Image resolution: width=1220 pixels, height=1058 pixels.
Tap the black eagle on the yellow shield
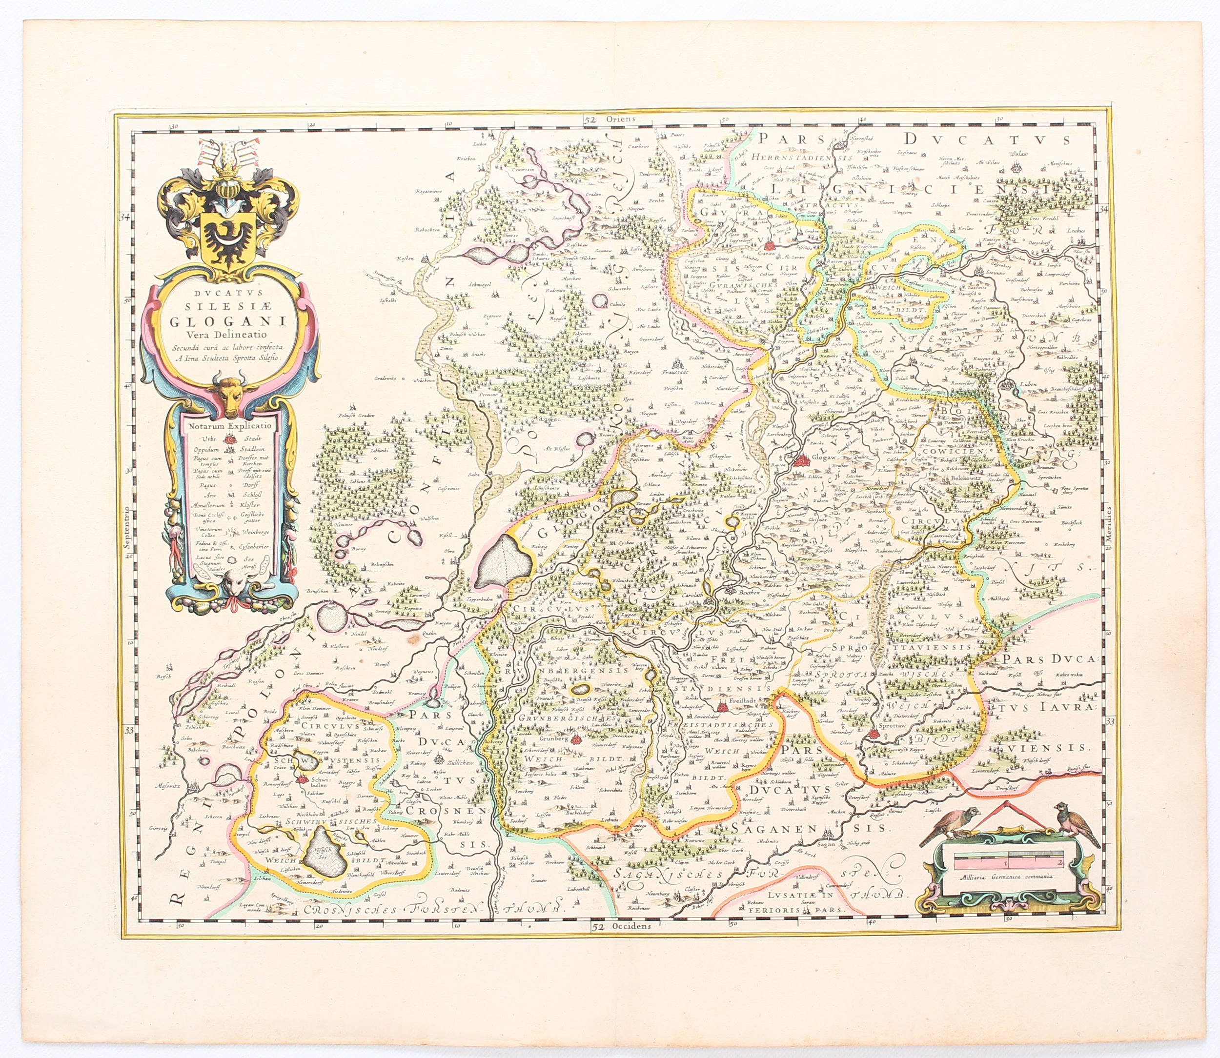click(228, 239)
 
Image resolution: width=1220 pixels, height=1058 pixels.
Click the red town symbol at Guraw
click(769, 246)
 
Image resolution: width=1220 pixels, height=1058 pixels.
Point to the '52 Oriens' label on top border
click(608, 119)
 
